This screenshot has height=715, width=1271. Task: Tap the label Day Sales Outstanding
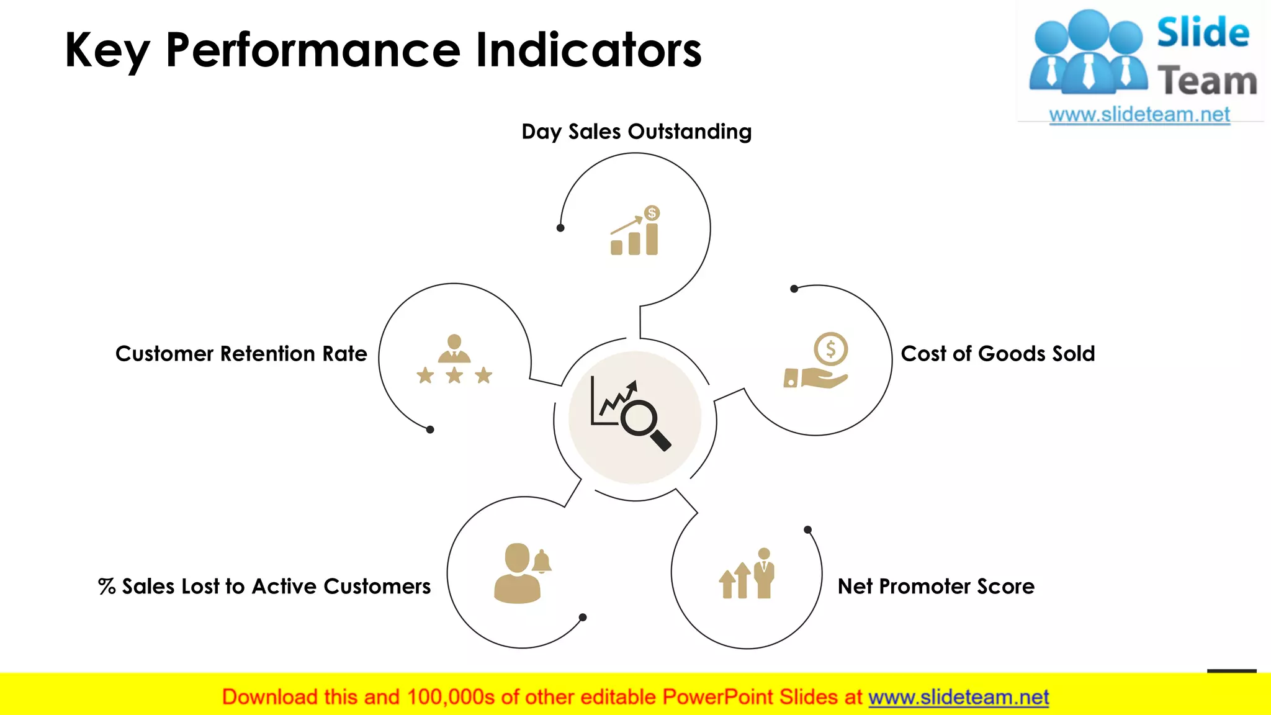pos(636,132)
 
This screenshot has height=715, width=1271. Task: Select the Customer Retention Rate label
pos(241,354)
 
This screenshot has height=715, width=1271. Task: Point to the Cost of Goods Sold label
pos(997,354)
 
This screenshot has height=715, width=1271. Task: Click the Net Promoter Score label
pos(936,587)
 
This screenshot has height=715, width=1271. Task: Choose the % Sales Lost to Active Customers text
pos(264,587)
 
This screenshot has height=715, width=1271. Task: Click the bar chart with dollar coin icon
pos(635,231)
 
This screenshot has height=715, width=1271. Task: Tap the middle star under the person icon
pos(454,375)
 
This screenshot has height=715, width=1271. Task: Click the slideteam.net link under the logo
pos(1139,115)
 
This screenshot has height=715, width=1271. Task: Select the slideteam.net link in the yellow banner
pos(958,698)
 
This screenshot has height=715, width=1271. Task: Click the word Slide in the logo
pos(1203,33)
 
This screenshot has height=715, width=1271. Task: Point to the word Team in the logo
pos(1207,81)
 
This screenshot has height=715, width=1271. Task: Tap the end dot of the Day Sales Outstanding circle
pos(560,228)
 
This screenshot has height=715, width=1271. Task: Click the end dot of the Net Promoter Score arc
pos(807,529)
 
